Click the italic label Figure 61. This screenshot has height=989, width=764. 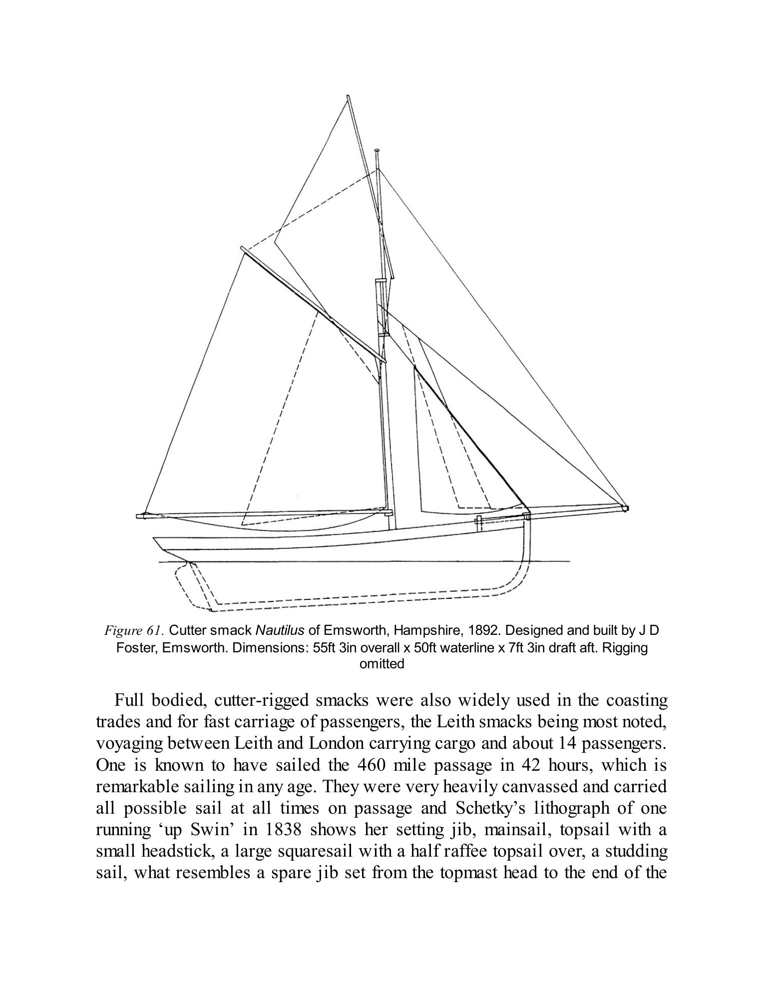click(132, 631)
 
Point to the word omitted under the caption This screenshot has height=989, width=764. click(382, 664)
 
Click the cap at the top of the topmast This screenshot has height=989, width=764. click(378, 150)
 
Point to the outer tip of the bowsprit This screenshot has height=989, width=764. click(627, 508)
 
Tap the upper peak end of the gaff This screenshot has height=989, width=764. click(242, 248)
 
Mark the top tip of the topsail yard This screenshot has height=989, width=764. click(348, 96)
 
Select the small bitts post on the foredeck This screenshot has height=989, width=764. click(478, 523)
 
